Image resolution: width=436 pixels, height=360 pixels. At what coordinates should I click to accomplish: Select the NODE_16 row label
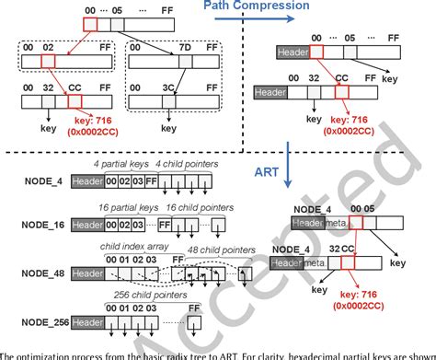pos(42,222)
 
